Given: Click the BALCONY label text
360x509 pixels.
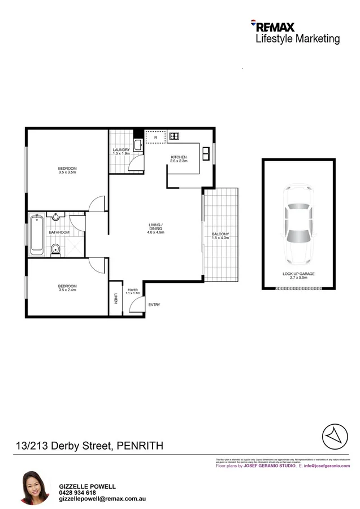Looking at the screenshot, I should (220, 235).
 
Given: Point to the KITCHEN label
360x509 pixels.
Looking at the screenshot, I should (179, 158).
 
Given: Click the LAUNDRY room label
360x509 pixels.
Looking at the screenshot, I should (122, 150).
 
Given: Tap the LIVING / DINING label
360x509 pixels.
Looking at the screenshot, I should (155, 228).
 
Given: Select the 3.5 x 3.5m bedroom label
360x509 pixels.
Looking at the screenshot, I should (67, 170).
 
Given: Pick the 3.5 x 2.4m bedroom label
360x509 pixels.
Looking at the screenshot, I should (67, 288).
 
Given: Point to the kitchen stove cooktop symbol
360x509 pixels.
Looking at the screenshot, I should (174, 136).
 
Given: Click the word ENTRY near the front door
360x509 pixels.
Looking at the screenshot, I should (154, 305).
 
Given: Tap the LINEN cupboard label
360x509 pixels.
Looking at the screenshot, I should (115, 298).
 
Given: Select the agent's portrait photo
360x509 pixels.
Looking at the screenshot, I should (35, 488).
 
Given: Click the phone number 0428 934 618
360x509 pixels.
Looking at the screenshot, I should (78, 493).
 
